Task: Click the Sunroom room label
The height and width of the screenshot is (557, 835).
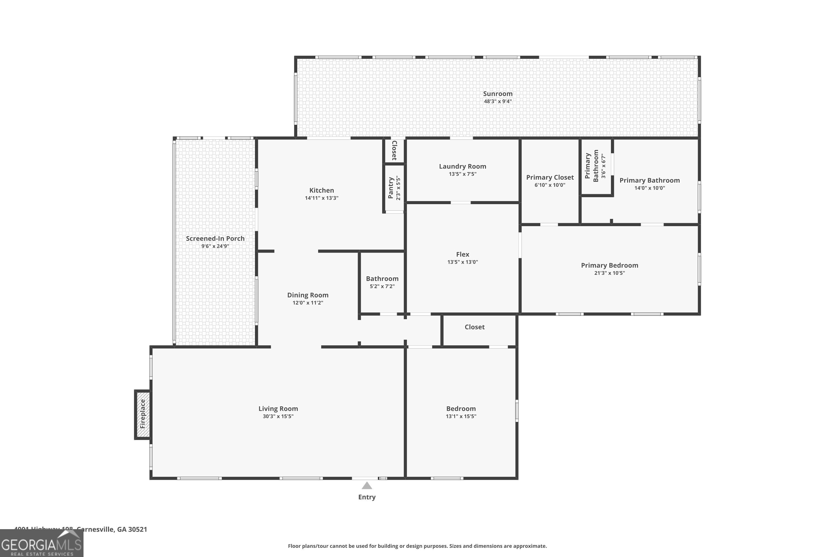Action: (497, 94)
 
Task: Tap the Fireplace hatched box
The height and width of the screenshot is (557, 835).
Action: (143, 414)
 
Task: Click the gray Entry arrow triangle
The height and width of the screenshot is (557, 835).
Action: (367, 486)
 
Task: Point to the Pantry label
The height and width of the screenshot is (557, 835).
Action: (391, 188)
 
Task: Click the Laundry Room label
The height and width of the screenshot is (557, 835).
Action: (462, 166)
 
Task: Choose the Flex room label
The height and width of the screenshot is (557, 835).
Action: (462, 254)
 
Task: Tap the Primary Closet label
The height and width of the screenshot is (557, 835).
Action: (549, 177)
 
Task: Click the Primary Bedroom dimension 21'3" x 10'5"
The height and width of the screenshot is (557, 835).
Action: (609, 273)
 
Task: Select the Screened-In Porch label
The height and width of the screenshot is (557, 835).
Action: (215, 239)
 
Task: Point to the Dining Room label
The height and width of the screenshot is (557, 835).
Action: (308, 295)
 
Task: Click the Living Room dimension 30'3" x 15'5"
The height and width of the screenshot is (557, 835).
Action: (278, 416)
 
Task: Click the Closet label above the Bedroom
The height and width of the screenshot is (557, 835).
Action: (474, 327)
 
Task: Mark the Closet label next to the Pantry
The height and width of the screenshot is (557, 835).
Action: (394, 150)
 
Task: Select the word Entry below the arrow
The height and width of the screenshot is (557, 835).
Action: (367, 497)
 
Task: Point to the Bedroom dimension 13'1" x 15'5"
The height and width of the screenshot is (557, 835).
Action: (461, 416)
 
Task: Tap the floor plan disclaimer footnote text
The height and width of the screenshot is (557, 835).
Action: (417, 546)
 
